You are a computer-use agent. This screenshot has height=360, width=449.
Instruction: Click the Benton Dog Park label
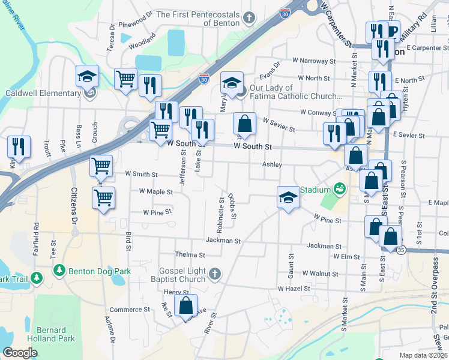[98, 271]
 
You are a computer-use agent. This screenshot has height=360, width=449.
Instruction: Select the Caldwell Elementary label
[43, 93]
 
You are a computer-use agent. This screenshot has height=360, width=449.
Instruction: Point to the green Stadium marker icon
[339, 189]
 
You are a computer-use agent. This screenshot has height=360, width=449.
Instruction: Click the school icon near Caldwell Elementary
[87, 76]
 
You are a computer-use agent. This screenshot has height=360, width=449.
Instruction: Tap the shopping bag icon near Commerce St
[185, 305]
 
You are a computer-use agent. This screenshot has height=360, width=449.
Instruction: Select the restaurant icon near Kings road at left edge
[19, 147]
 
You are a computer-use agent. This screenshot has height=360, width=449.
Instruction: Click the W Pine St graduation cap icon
[288, 198]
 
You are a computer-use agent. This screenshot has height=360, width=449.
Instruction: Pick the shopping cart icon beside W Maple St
[103, 198]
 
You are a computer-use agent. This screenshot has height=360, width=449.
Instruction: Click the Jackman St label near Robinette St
[223, 241]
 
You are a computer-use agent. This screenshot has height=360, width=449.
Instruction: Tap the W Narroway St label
[314, 61]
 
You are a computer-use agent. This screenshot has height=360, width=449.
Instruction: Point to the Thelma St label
[186, 255]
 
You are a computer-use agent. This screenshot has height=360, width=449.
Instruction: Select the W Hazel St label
[294, 289]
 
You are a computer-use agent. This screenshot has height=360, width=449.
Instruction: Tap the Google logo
[20, 353]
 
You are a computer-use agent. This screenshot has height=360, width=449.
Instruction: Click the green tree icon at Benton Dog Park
[59, 271]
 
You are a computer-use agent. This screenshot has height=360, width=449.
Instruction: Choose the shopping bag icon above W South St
[244, 124]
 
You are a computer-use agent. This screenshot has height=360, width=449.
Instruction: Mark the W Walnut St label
[321, 273]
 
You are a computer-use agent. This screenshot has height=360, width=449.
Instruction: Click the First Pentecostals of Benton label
[198, 19]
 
